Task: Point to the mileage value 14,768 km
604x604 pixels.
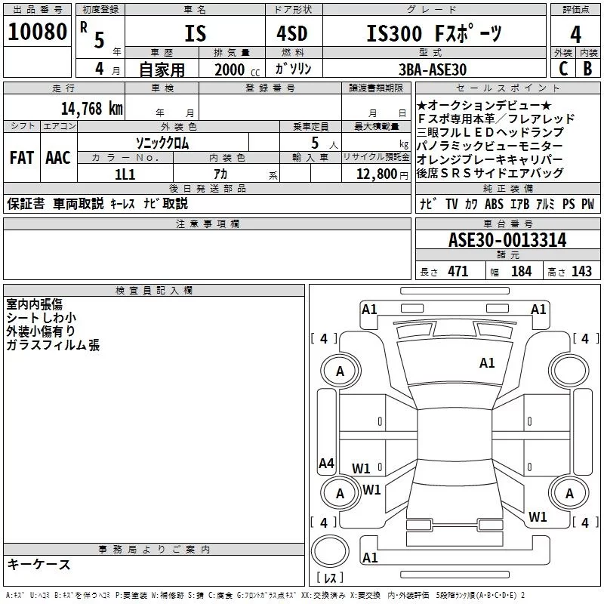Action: pos(91,108)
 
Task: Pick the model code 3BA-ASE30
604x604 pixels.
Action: pos(432,69)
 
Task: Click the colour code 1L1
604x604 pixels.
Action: pos(124,173)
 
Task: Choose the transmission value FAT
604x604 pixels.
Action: pos(21,158)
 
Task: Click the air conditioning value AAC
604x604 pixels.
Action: pos(57,158)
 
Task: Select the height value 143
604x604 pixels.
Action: pos(581,272)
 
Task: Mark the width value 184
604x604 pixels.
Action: pos(521,272)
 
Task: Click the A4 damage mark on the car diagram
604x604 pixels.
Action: pos(326,464)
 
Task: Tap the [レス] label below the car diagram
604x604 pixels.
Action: pos(330,579)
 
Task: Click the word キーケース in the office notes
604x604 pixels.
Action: pos(39,565)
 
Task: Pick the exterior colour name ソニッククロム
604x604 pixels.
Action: pos(162,143)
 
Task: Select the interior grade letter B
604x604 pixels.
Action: pos(587,69)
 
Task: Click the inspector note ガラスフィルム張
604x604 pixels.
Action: pos(53,345)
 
